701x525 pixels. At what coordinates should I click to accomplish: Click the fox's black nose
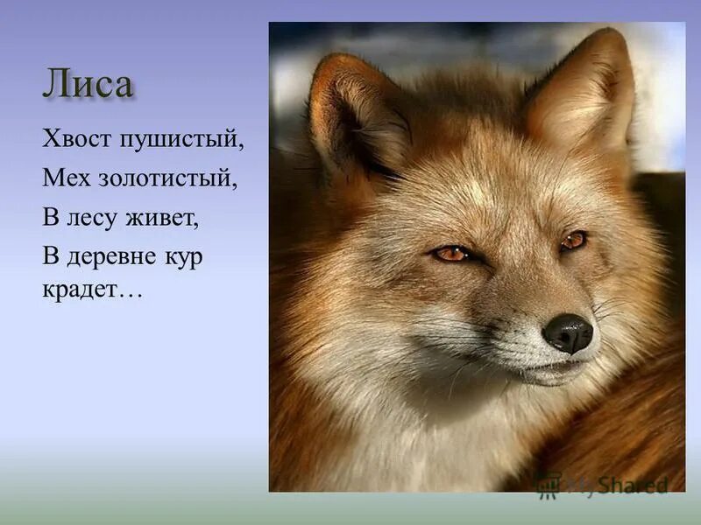tap(568, 332)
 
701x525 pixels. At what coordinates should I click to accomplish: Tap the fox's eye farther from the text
tap(574, 240)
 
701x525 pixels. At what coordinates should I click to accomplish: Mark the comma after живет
tap(198, 225)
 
